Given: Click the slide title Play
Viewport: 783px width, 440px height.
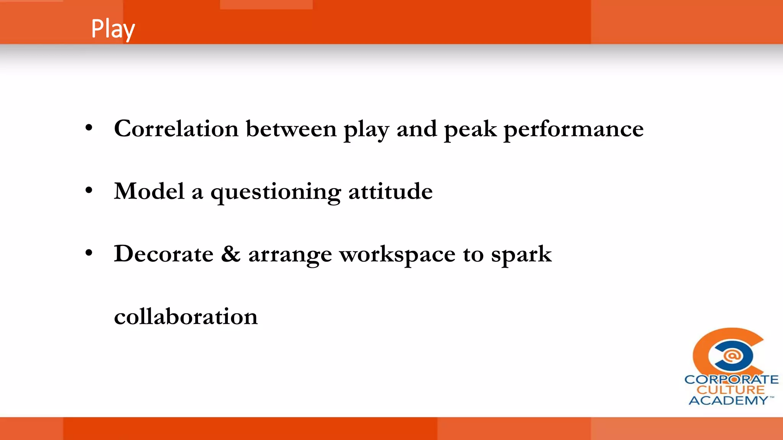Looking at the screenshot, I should [x=113, y=29].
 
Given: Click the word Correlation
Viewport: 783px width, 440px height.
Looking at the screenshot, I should [x=176, y=129].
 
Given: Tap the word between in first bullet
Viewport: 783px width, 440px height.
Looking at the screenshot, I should [x=291, y=129].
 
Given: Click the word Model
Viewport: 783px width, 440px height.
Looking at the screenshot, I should [x=149, y=191].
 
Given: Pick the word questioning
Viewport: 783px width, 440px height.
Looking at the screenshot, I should [x=275, y=192].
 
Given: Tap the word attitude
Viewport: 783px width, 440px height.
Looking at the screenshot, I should [x=390, y=191].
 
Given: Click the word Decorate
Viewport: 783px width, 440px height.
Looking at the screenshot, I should [x=164, y=254].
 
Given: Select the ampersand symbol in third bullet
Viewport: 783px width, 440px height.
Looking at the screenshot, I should [x=231, y=254].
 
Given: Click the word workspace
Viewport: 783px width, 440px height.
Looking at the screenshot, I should [x=397, y=255].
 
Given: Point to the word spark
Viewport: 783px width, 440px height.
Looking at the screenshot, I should [x=521, y=255].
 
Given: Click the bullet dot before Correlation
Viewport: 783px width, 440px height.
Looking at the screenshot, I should [x=89, y=128].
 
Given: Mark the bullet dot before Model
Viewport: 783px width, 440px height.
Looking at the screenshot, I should [x=89, y=191].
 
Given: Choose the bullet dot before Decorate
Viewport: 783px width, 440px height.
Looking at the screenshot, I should [x=89, y=253].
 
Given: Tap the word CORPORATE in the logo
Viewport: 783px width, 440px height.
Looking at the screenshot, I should [x=731, y=380].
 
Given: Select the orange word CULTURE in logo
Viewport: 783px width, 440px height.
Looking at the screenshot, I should [x=731, y=390].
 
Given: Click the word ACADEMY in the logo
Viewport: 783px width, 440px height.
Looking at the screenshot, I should [x=728, y=400].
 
